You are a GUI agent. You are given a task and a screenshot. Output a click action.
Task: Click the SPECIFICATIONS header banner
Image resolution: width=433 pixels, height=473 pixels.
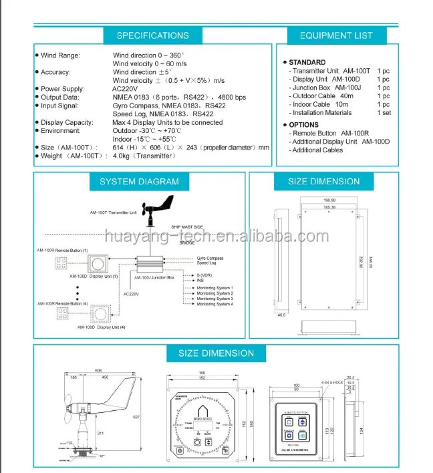coord(152,35)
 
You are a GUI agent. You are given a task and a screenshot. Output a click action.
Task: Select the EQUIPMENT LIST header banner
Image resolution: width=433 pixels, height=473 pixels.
coord(335,35)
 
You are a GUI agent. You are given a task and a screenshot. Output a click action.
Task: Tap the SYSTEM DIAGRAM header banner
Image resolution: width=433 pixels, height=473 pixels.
coord(139,181)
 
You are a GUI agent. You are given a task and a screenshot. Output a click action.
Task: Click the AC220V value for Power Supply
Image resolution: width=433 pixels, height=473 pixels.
coord(126,88)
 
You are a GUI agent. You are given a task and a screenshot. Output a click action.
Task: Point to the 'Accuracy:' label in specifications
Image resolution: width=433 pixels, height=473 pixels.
coord(55,71)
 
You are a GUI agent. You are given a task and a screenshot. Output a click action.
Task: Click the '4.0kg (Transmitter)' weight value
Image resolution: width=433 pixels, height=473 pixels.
coord(145,156)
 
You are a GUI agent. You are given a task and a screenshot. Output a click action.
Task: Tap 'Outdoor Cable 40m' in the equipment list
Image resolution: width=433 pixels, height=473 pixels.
coord(323,96)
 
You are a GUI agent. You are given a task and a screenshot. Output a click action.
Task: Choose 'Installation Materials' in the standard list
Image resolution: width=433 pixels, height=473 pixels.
coord(322,113)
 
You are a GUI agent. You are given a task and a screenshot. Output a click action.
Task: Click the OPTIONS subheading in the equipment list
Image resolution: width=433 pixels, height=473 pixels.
coord(303,124)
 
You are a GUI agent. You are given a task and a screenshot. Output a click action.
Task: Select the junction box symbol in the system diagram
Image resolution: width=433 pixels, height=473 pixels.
coord(154,262)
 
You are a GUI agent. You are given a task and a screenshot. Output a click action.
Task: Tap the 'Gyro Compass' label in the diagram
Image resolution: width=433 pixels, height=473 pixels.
coord(210,258)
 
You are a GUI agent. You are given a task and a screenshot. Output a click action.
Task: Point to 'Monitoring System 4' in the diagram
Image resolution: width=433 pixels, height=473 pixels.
coord(215,304)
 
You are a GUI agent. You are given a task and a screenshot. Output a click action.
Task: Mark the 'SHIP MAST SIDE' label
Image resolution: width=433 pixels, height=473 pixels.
coord(187,227)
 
